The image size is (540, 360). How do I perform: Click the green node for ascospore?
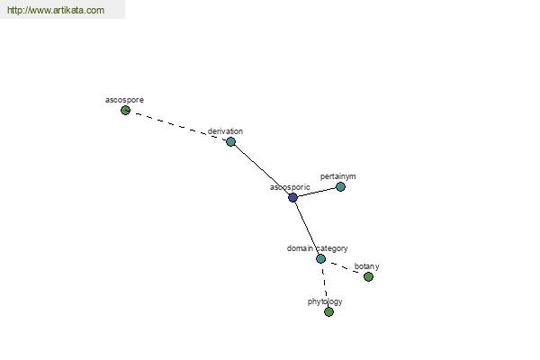[125, 111]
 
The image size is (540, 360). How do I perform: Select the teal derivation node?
[230, 141]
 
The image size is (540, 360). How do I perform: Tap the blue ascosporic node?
[292, 197]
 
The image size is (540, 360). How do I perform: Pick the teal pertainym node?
[340, 186]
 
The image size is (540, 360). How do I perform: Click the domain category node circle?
[320, 258]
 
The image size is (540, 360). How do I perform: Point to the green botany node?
[368, 276]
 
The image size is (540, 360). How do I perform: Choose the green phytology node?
[328, 311]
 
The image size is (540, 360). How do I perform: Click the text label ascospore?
[124, 100]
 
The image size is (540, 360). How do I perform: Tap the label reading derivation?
[225, 131]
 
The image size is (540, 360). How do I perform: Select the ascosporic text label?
[290, 187]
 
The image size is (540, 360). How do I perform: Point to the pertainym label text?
[337, 176]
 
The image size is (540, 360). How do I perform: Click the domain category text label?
[317, 248]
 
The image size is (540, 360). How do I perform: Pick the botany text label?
[367, 266]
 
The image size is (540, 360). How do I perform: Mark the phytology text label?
[325, 301]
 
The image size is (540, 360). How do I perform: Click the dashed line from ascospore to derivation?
[178, 126]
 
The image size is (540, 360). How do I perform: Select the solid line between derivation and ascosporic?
[262, 169]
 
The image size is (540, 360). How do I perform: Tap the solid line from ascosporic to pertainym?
[317, 193]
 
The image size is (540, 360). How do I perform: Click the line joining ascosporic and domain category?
[307, 228]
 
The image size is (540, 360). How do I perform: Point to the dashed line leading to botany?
[345, 267]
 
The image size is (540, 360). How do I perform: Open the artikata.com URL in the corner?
[56, 10]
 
